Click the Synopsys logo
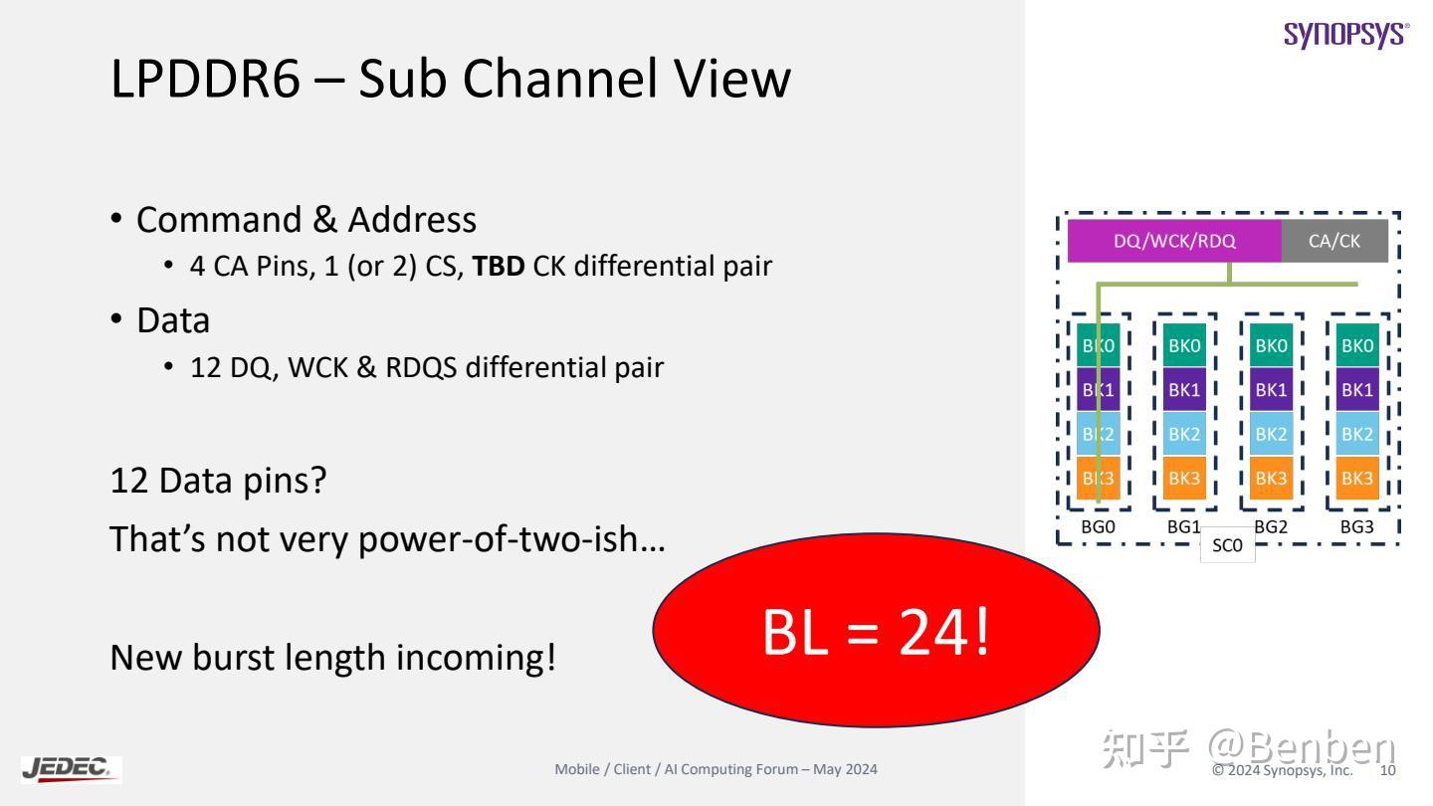point(1346,36)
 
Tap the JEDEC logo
point(71,769)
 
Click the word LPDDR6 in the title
point(205,79)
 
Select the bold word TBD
point(499,266)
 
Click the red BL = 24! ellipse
point(876,630)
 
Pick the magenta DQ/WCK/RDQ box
point(1174,241)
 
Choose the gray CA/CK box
point(1334,241)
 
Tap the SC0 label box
point(1227,545)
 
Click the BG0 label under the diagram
point(1098,527)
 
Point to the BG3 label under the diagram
point(1357,527)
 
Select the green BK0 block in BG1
point(1184,345)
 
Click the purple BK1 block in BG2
point(1271,390)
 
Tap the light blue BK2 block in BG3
point(1357,434)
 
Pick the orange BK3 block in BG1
point(1184,478)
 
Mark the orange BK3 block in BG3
point(1357,478)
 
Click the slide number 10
point(1387,770)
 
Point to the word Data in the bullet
point(173,320)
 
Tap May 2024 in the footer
point(845,769)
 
